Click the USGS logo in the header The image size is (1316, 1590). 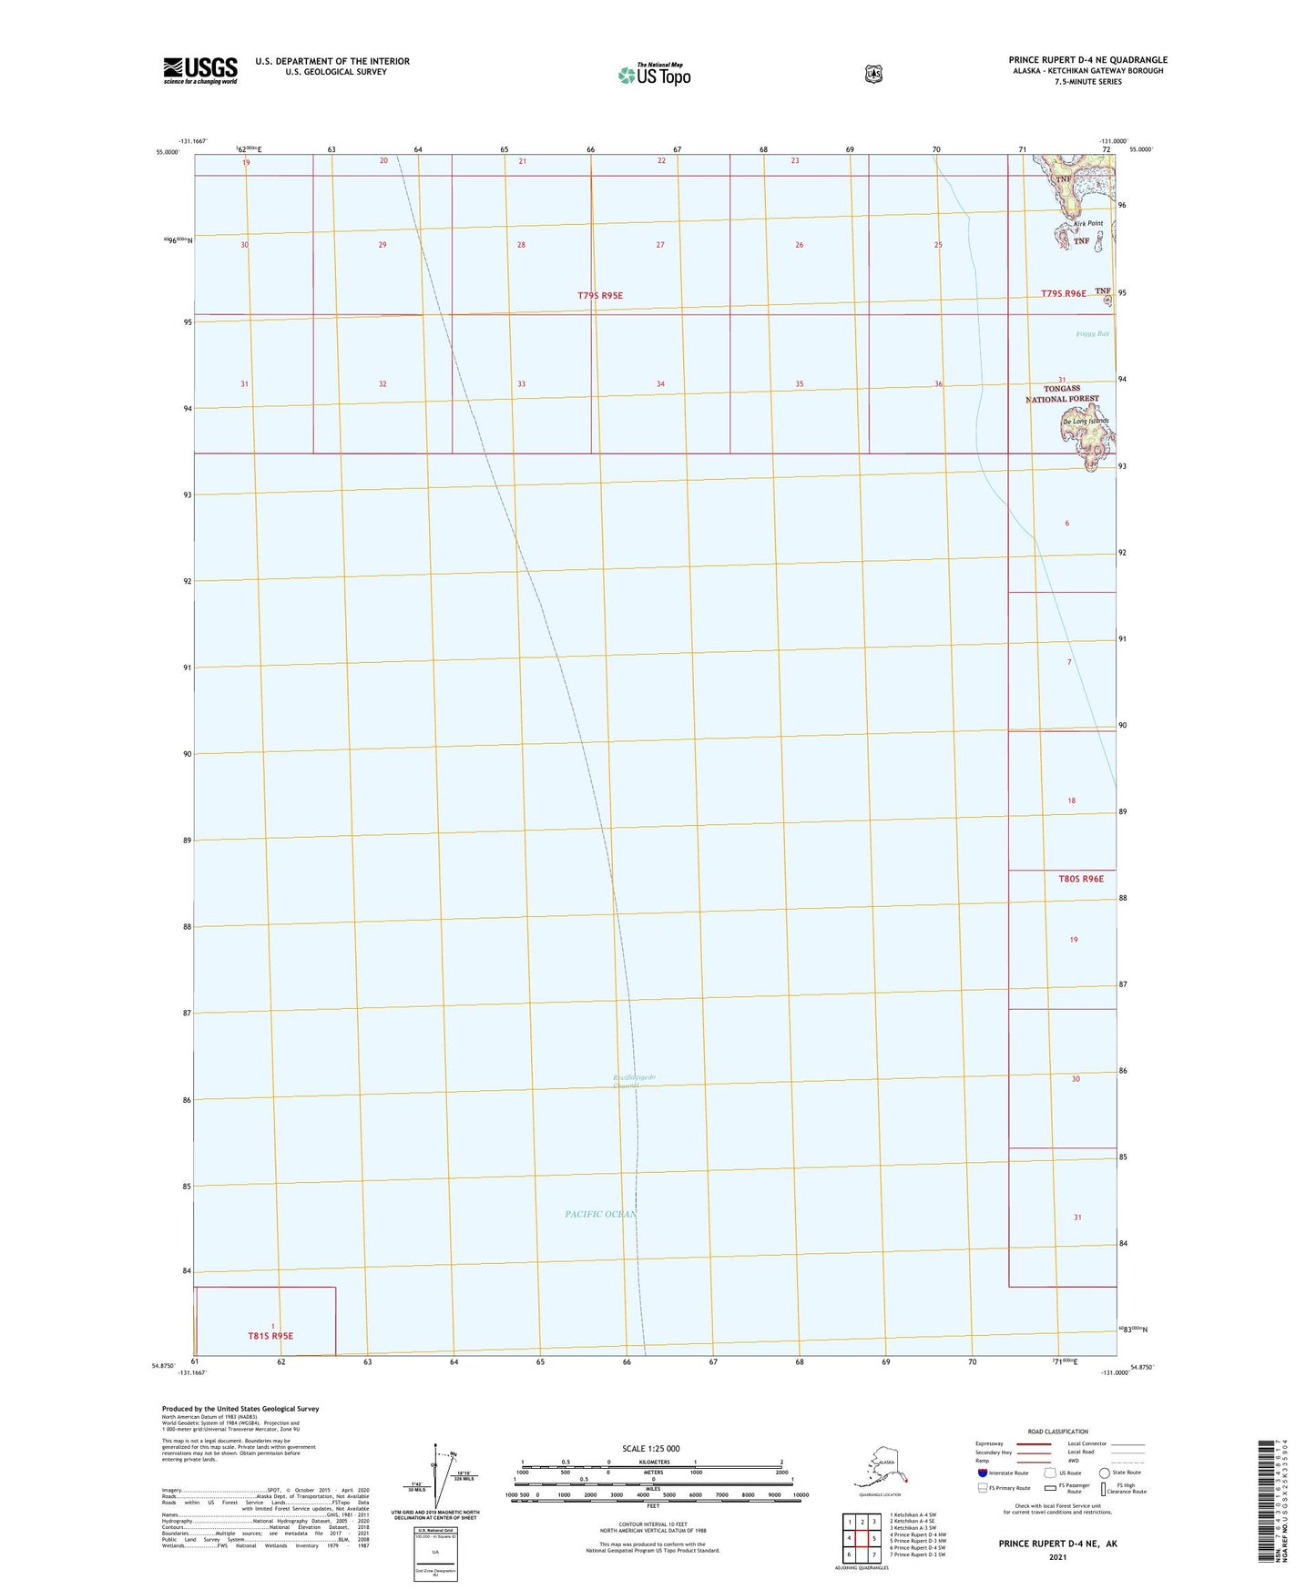coord(200,70)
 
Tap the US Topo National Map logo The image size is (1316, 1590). coord(654,74)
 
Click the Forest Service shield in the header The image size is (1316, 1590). coord(873,73)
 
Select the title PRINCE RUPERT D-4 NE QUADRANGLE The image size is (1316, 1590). coord(1087,60)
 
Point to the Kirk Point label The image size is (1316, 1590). coord(1087,223)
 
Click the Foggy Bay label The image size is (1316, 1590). coord(1092,334)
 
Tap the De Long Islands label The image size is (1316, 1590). coord(1085,421)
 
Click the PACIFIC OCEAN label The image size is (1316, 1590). coord(600,1214)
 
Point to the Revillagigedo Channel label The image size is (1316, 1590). coord(635,1081)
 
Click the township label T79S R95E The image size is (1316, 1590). coord(600,296)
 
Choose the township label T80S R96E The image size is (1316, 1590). coord(1081,879)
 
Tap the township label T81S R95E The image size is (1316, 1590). coord(270,1336)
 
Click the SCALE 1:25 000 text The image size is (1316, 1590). coord(650,1448)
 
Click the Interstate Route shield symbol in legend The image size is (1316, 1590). coord(983,1473)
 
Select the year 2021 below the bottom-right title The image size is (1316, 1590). coord(1057,1557)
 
